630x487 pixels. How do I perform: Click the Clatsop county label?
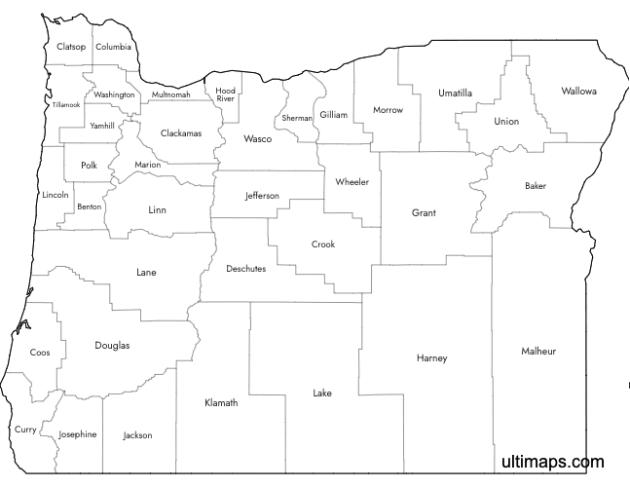(x=71, y=47)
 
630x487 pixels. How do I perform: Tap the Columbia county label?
(x=113, y=47)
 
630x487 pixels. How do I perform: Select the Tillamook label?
(x=66, y=104)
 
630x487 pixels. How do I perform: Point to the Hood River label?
(x=226, y=94)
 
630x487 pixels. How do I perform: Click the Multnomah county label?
(x=170, y=95)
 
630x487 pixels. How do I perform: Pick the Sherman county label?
(x=297, y=118)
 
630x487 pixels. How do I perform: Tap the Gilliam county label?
(x=333, y=115)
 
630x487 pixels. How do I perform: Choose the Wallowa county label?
(x=578, y=92)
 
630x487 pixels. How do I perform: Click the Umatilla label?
(x=455, y=94)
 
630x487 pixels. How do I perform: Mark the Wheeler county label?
(x=352, y=182)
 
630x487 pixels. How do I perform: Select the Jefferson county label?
(x=262, y=196)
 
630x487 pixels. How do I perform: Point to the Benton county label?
(x=89, y=206)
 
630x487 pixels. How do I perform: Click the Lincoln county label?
(x=56, y=195)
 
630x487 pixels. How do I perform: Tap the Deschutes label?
(x=245, y=269)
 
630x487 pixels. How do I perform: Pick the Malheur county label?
(x=538, y=351)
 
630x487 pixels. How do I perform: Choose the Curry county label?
(x=25, y=430)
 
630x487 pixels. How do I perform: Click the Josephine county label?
(x=78, y=434)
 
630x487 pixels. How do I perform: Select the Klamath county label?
(x=220, y=403)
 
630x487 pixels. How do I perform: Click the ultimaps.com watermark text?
(x=552, y=463)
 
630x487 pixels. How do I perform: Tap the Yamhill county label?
(x=101, y=127)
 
